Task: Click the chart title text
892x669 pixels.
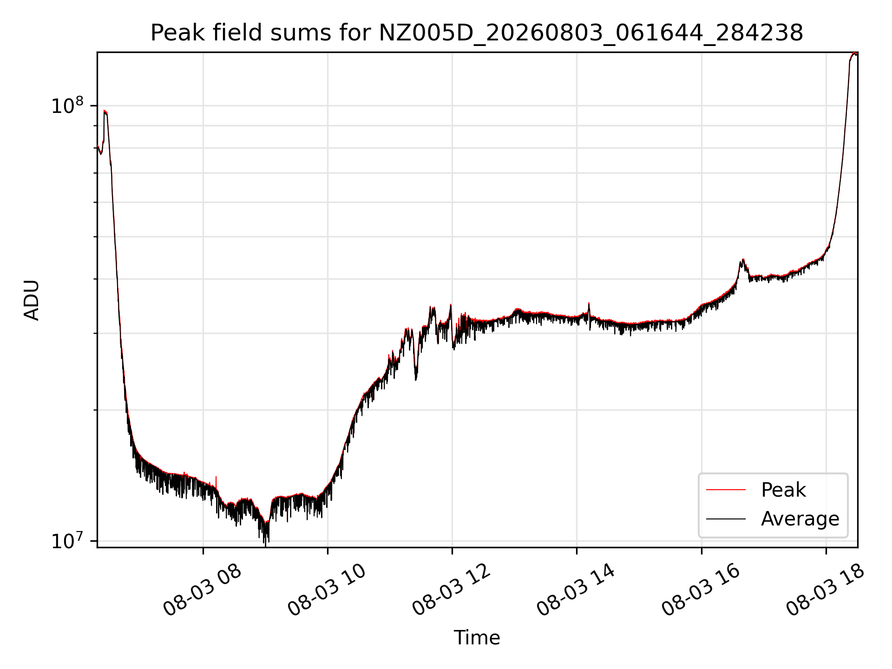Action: pos(477,33)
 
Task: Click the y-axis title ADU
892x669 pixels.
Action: pos(32,300)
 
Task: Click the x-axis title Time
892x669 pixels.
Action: pos(477,637)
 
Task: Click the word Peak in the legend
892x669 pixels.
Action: pos(783,490)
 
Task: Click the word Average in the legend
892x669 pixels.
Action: pos(800,518)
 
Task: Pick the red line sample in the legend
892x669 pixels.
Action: pos(726,490)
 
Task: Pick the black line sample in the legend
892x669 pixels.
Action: pos(726,518)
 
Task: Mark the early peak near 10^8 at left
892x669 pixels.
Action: pos(105,111)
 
